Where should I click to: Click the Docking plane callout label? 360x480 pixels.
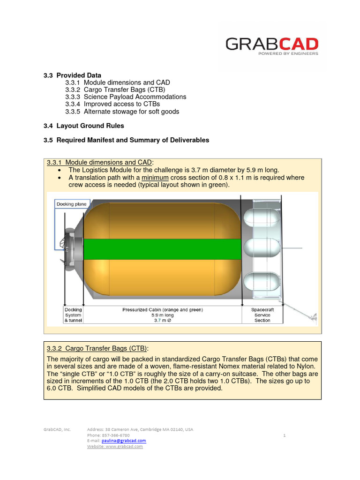[72, 204]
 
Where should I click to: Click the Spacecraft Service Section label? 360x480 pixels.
[262, 315]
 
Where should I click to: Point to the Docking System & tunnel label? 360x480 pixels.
[73, 315]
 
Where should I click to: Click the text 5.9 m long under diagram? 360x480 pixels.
[163, 315]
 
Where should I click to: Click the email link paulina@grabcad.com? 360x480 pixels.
[124, 441]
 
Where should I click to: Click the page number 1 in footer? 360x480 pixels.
[285, 435]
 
